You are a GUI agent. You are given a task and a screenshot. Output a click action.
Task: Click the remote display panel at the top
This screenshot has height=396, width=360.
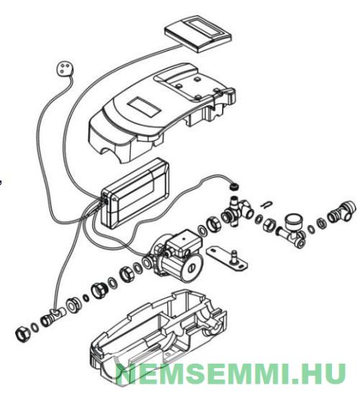198,34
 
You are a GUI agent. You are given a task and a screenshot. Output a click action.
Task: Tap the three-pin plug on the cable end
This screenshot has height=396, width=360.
64,68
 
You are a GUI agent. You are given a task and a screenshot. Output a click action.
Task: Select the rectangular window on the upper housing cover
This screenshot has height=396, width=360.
144,107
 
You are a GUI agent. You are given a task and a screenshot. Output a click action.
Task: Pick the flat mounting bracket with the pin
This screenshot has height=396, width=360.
226,258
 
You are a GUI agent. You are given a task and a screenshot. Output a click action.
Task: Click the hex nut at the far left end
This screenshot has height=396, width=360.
22,335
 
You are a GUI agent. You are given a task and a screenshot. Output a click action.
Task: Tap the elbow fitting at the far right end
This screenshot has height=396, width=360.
341,211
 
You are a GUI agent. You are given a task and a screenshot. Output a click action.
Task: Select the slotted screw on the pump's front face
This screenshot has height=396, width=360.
192,267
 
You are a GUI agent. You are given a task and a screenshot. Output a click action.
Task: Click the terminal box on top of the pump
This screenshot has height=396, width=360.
184,242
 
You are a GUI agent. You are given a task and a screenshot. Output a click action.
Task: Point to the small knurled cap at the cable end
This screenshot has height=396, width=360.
234,187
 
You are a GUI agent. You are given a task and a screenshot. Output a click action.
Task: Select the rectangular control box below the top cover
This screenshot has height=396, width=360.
135,193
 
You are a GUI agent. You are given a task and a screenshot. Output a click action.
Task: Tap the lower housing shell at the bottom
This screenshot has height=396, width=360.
158,337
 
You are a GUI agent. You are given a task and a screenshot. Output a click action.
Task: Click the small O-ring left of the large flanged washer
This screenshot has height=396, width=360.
86,298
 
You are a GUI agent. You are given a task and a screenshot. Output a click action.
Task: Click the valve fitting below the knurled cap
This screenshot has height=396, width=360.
237,209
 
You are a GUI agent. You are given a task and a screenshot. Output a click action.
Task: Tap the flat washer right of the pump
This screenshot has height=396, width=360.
203,230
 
